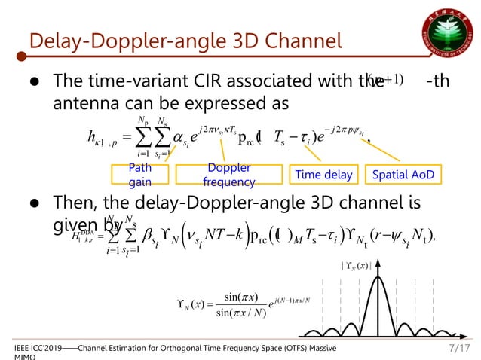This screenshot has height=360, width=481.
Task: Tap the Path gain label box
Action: (140, 175)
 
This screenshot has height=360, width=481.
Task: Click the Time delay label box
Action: (323, 175)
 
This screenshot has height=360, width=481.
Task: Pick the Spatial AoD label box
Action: (406, 175)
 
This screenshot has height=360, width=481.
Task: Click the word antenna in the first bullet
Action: (84, 102)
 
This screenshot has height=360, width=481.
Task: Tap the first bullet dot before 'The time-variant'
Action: (35, 81)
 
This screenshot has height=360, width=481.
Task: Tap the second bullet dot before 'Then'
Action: (35, 203)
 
